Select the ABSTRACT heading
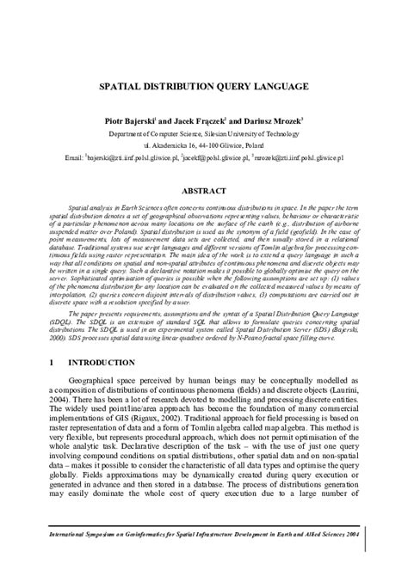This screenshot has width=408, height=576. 204,191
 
